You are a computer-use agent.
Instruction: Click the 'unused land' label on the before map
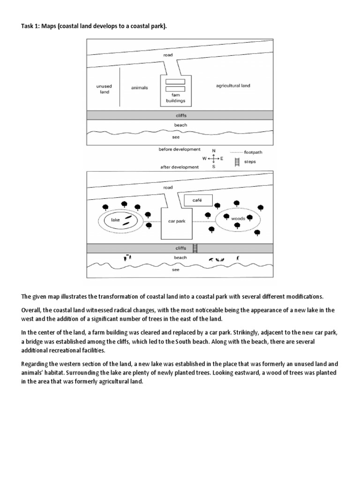coord(105,89)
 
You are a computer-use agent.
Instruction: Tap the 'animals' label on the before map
coord(140,88)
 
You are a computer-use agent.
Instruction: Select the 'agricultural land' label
coord(233,86)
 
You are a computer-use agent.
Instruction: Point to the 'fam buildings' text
coord(175,97)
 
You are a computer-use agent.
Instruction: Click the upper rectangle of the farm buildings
coord(175,82)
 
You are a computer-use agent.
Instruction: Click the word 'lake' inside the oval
coord(115,219)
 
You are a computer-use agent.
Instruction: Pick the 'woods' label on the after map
coord(238,218)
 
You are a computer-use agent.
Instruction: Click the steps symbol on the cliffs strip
coord(196,247)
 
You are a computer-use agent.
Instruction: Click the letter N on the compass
coord(214,150)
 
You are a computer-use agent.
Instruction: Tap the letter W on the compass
coord(204,159)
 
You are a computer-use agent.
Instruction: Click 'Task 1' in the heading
coord(31,27)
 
